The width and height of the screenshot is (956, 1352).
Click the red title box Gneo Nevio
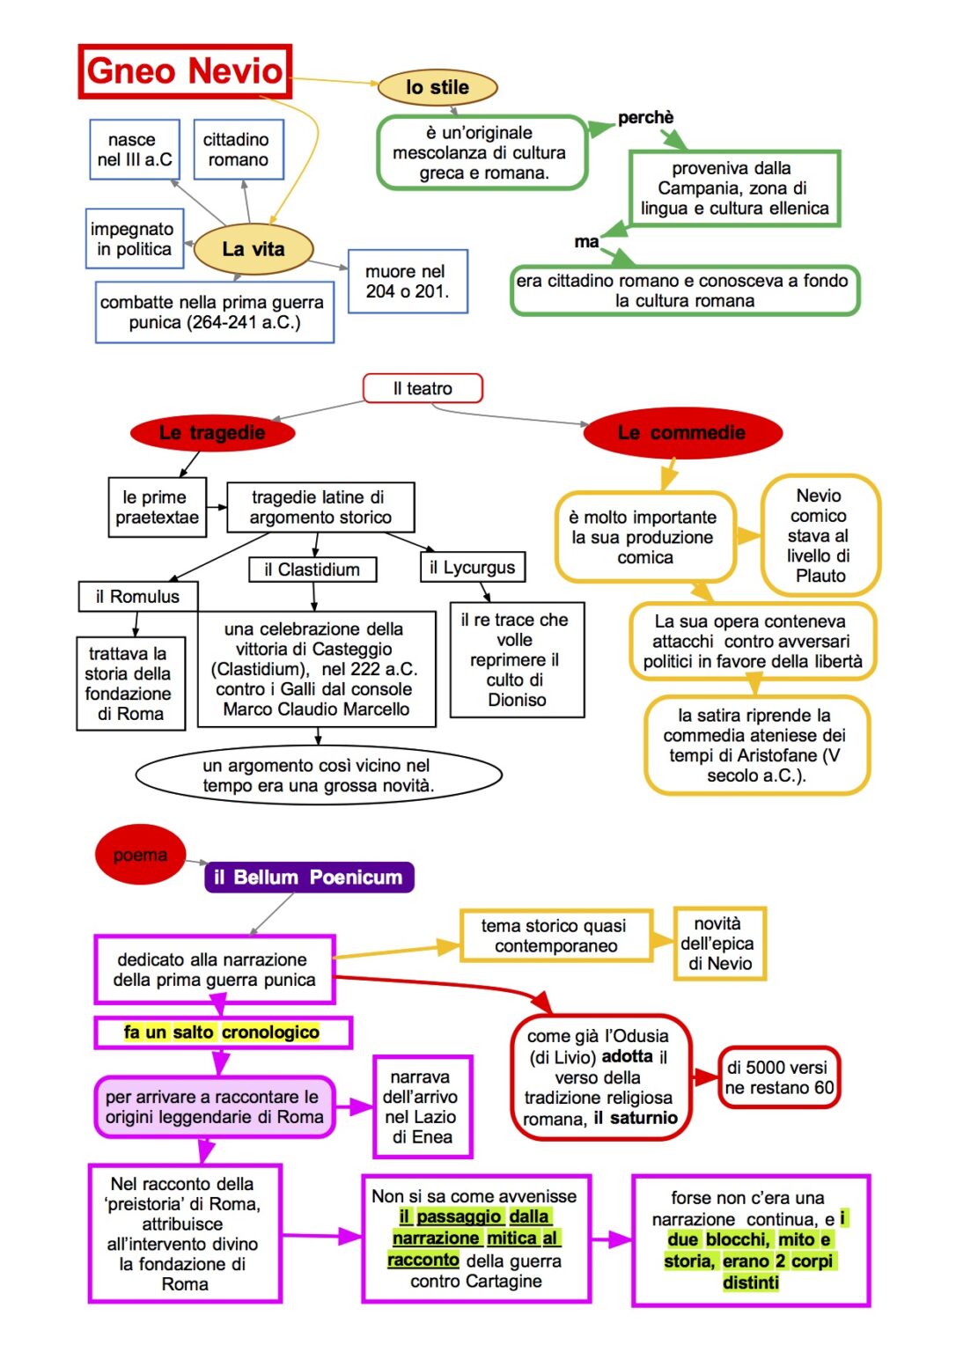tap(185, 71)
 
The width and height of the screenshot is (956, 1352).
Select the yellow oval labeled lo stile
tap(438, 87)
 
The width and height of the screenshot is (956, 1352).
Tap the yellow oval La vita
tap(253, 249)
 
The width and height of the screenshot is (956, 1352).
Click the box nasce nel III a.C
tap(135, 150)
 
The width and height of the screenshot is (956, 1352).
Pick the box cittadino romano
tap(238, 150)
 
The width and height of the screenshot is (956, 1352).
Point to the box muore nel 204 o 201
tap(407, 282)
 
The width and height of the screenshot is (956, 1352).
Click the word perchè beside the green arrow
tap(645, 118)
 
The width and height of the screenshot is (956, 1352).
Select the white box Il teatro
tap(423, 388)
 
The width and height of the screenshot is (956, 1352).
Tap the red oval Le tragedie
tap(212, 433)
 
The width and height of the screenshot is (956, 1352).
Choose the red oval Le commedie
tap(681, 433)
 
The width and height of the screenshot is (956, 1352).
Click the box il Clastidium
tap(313, 569)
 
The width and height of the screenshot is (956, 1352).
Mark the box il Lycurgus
tap(473, 568)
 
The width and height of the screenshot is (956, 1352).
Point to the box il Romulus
tap(137, 597)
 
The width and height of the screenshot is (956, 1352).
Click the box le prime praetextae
tap(158, 508)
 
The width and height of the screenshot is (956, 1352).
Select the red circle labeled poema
tap(139, 855)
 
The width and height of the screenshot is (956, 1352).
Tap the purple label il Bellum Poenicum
tap(309, 878)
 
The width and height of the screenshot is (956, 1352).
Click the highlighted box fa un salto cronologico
tap(223, 1032)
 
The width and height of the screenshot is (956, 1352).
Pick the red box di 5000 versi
tap(779, 1077)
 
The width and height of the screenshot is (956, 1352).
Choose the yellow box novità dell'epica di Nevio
tap(719, 944)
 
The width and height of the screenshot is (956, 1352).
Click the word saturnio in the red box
tap(643, 1118)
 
